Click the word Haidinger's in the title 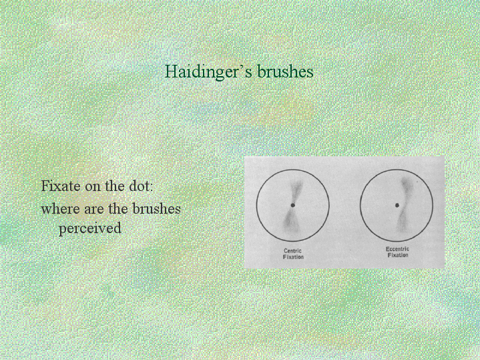(209, 71)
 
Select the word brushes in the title (285, 71)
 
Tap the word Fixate (61, 186)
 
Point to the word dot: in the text (140, 186)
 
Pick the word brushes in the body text (156, 209)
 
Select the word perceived (90, 228)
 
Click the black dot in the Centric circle (292, 205)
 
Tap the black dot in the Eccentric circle (397, 205)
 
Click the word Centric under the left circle (292, 250)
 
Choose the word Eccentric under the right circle (397, 248)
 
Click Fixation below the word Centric (293, 256)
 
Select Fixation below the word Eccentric (398, 255)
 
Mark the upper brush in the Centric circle (295, 190)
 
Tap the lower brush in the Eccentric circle (401, 221)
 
